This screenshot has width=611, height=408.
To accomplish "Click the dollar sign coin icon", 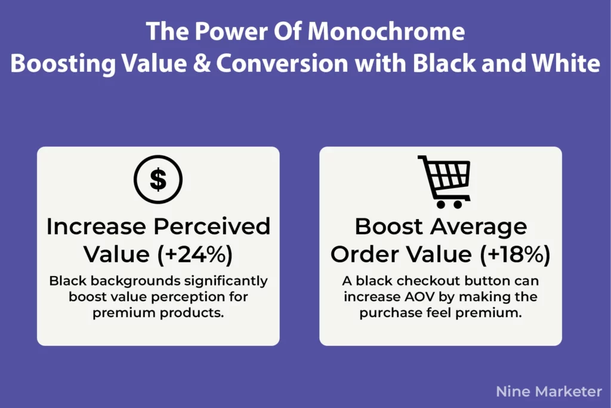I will (158, 180).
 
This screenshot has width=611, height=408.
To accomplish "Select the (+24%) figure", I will (195, 254).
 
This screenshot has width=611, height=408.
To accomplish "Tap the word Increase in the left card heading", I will (94, 227).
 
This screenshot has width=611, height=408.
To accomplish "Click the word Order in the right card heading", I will (365, 254).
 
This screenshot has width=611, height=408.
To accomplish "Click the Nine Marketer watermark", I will (549, 391).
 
